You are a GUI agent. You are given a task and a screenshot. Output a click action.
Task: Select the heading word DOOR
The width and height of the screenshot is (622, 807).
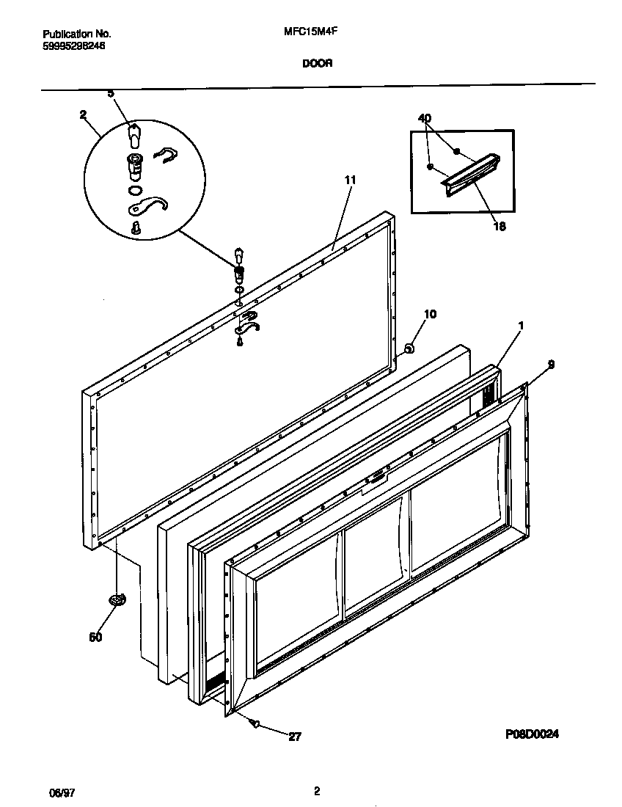point(317,64)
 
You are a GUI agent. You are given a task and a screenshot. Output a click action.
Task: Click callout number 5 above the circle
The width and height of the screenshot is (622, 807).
point(111,93)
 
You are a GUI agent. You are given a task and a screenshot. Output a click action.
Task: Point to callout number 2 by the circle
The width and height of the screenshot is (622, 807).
point(82,114)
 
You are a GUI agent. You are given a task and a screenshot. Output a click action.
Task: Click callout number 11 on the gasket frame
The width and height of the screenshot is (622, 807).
point(349,180)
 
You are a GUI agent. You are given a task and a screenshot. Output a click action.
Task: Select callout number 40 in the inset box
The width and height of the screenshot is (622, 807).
point(425,117)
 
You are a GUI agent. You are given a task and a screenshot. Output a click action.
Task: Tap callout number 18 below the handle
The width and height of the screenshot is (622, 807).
point(499,227)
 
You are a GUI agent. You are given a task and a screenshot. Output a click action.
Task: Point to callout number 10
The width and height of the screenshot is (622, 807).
point(430,314)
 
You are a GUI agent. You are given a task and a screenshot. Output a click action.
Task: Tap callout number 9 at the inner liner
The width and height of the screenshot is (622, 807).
point(551,364)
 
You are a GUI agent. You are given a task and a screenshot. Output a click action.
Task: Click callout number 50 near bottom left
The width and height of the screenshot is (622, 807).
point(95,637)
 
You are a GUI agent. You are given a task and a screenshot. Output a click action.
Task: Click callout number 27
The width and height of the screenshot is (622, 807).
point(294,737)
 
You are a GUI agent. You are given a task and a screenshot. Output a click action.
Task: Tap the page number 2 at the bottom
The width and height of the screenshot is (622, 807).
point(316,791)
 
